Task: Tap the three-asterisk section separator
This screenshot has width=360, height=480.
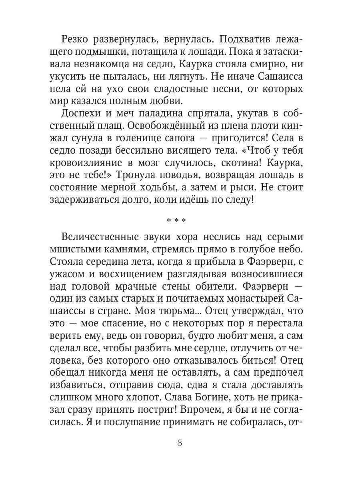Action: click(x=180, y=221)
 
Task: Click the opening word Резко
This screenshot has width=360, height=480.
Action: click(x=78, y=40)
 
